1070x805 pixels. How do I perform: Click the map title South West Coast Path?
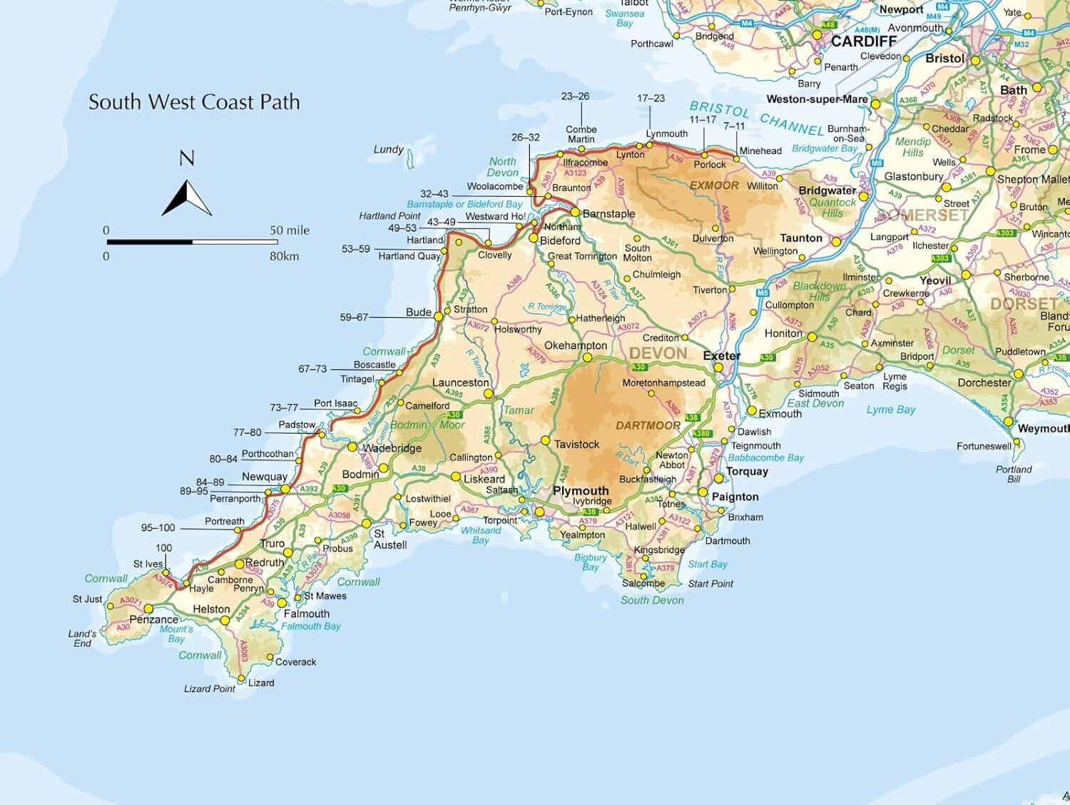194,102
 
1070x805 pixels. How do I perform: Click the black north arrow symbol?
186,198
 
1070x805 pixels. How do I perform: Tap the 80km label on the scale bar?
284,256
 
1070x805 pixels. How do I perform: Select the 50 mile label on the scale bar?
289,231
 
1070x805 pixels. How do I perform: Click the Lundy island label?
388,149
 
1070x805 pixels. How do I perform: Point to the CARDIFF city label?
863,41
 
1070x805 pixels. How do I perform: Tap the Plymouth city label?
581,491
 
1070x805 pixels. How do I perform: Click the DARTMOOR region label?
648,425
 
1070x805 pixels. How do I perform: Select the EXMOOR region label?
714,186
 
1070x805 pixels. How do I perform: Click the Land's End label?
82,638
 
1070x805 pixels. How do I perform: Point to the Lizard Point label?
209,689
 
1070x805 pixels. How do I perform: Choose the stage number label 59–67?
354,317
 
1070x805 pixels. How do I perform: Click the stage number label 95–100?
158,528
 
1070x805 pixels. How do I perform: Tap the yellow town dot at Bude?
439,316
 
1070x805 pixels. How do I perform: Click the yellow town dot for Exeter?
718,368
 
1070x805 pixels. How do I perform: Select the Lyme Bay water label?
890,410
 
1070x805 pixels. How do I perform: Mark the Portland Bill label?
1014,474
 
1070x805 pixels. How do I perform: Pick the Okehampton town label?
575,345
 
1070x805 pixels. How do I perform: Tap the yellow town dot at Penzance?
148,609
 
